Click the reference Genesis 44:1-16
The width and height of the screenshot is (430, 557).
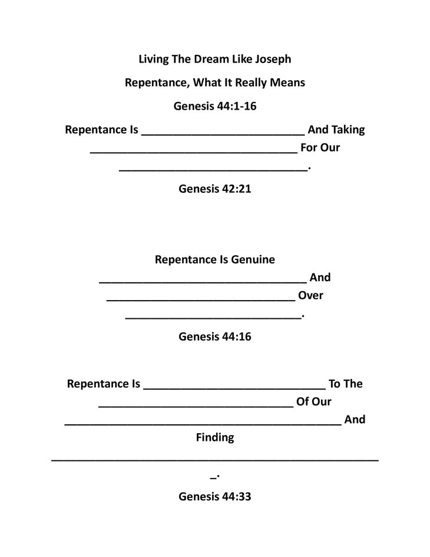(x=215, y=107)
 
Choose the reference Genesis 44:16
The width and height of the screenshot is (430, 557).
(x=215, y=337)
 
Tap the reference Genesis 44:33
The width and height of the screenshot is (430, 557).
(x=215, y=496)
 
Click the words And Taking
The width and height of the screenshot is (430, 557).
(x=336, y=130)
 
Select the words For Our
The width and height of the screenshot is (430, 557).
(x=320, y=148)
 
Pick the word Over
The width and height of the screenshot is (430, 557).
(x=310, y=295)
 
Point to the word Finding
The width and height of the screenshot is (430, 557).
(x=215, y=437)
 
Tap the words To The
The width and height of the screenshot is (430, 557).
(x=345, y=384)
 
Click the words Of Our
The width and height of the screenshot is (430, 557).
(x=315, y=402)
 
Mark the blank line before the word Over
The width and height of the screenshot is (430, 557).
(x=200, y=299)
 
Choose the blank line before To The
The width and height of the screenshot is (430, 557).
(x=234, y=388)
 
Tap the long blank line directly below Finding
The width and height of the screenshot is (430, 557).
(x=215, y=459)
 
